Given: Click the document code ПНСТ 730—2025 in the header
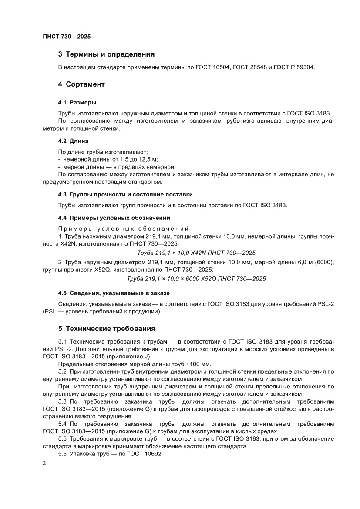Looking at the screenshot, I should point(67,37).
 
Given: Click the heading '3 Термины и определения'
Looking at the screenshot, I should point(107,54).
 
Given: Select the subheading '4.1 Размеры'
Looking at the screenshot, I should point(77,103).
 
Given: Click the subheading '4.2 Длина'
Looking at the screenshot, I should point(73,141).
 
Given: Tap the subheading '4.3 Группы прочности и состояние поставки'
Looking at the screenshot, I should point(125,194).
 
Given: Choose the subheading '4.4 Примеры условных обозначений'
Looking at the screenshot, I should point(114,217).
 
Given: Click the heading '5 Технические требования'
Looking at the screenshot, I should point(107,328).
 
